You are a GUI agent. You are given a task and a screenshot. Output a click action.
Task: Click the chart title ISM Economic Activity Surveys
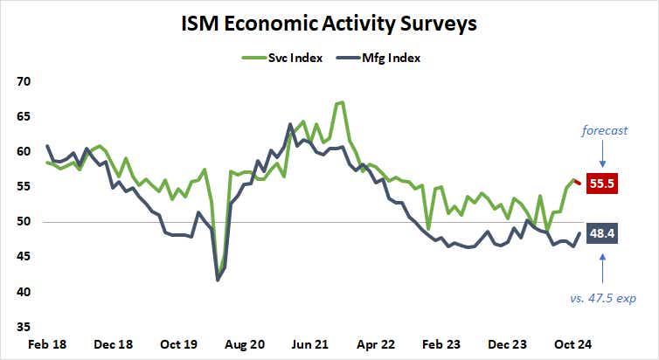click(329, 24)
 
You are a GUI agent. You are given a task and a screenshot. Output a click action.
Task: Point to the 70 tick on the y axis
click(24, 81)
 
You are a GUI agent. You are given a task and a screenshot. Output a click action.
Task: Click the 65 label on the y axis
click(24, 116)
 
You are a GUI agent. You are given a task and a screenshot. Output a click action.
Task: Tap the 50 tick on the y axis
click(24, 222)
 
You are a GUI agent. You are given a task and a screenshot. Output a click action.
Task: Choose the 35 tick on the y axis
click(24, 327)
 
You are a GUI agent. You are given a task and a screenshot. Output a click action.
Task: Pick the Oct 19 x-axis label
click(184, 344)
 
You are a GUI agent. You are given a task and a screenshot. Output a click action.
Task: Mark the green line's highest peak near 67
click(341, 102)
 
